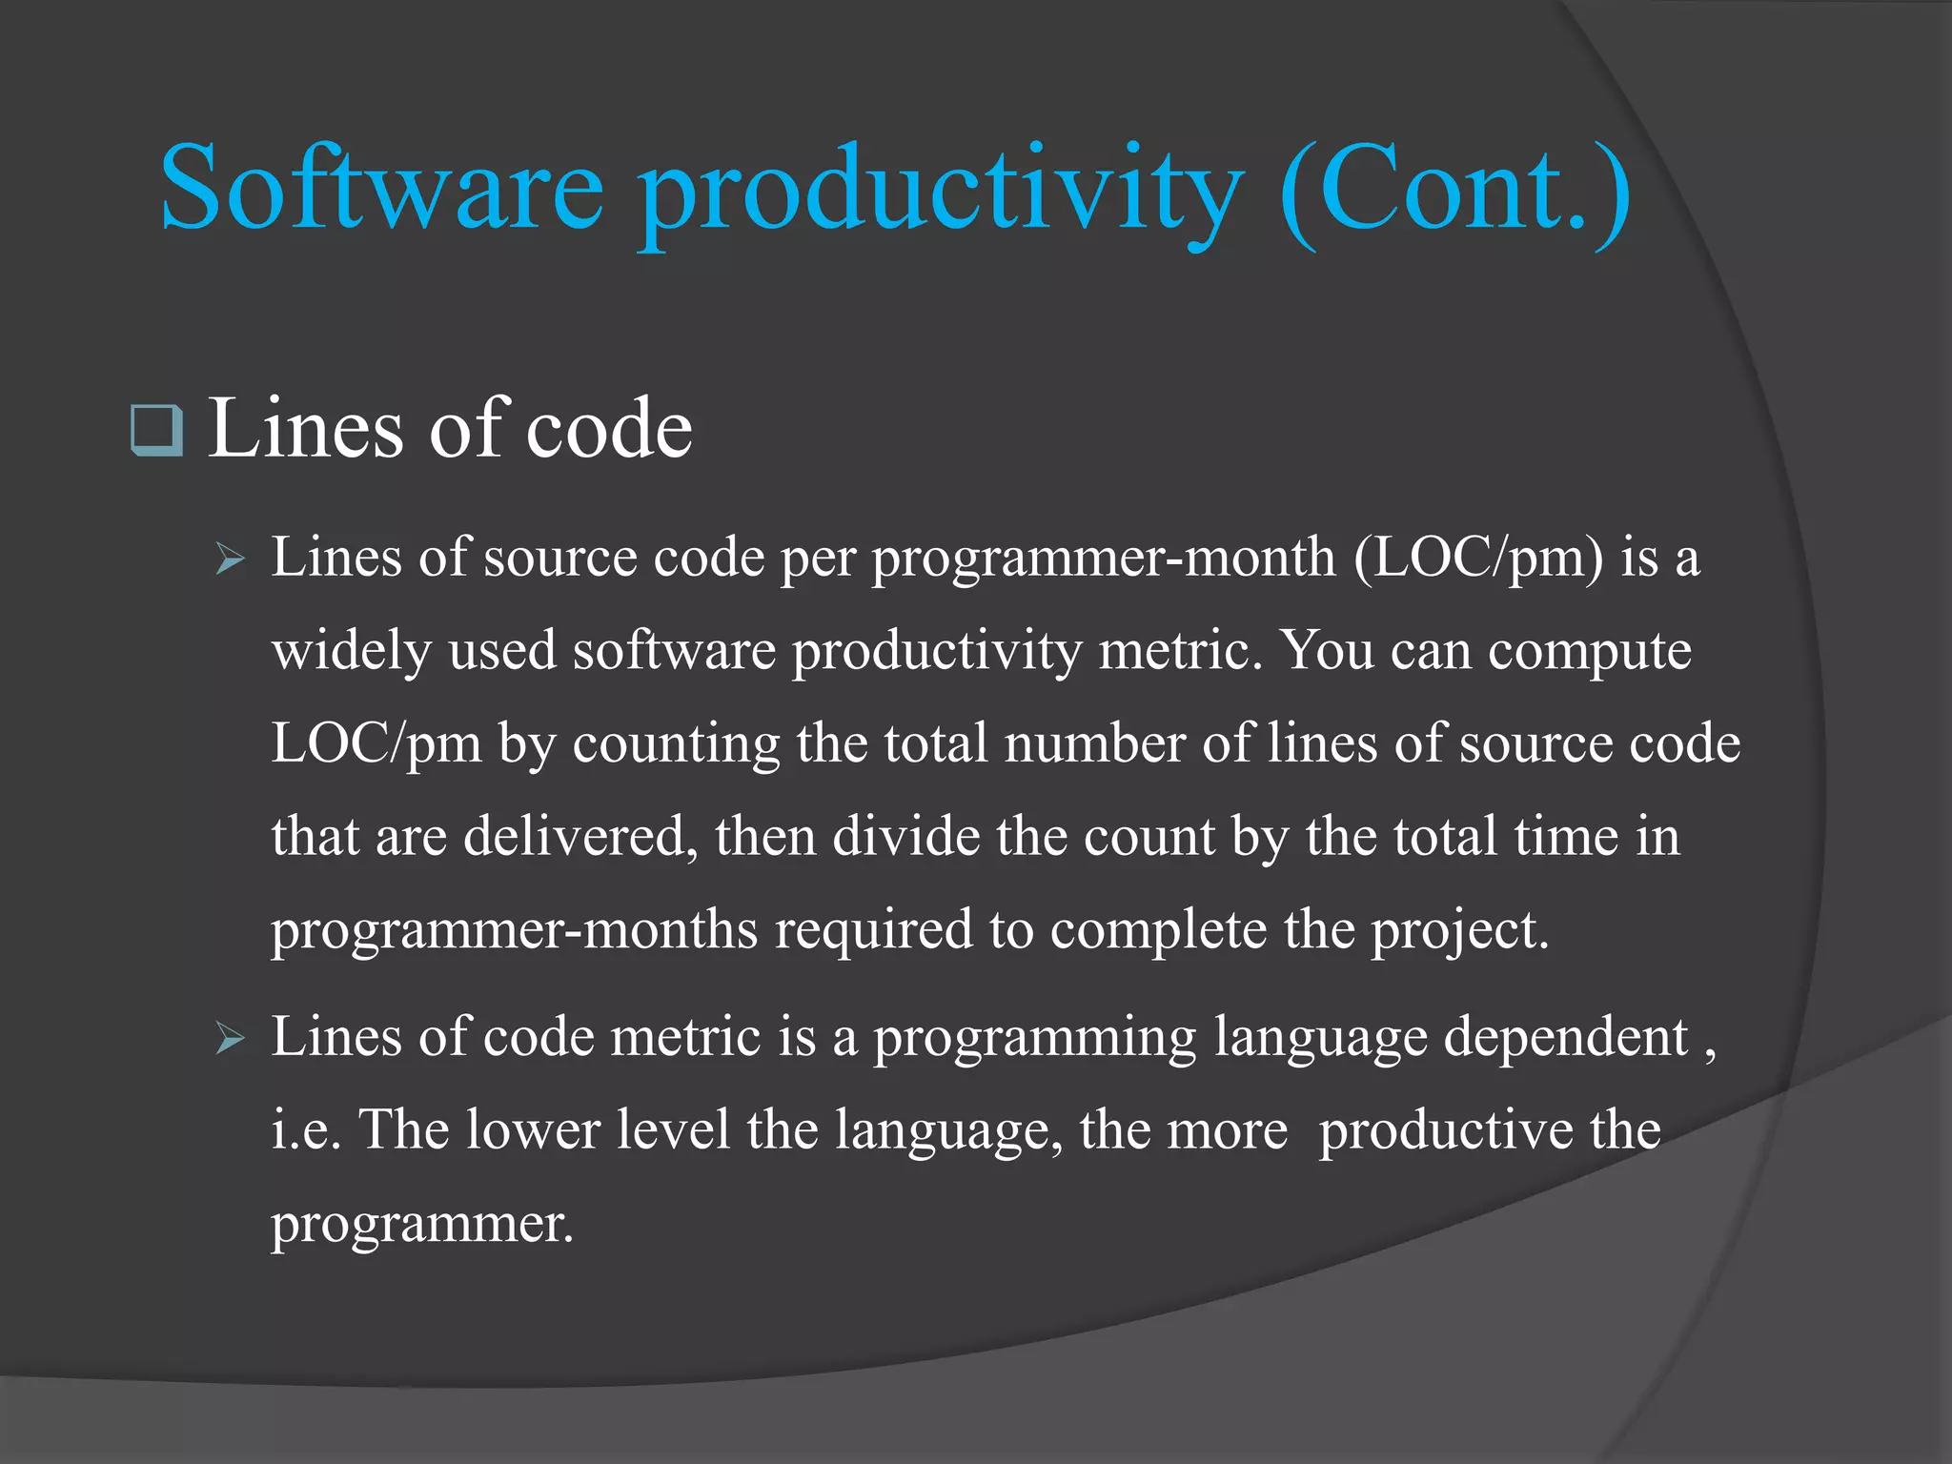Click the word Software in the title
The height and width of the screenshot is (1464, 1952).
point(381,188)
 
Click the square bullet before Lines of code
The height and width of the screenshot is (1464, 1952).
point(157,430)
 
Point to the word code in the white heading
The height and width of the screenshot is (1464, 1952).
point(609,428)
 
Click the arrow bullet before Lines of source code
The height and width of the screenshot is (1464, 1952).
point(231,559)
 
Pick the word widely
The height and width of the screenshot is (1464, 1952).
point(352,652)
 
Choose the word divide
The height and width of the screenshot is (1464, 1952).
point(905,837)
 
